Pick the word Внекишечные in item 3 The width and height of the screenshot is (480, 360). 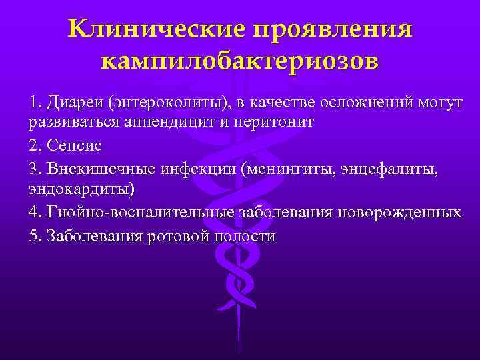[x=99, y=168]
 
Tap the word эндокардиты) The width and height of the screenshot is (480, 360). [x=81, y=189]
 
